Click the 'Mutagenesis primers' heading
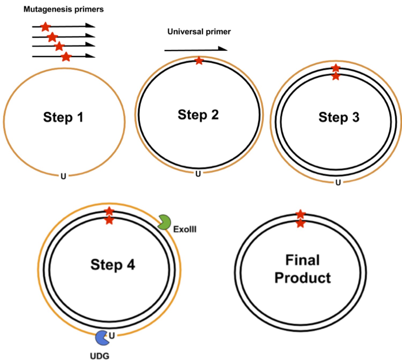[64, 9]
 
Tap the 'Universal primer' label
[199, 32]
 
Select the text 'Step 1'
[63, 117]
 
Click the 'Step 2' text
[198, 115]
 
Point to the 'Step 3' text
[339, 117]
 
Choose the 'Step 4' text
[113, 265]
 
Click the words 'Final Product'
[303, 269]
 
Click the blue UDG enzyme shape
[102, 338]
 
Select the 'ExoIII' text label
[185, 229]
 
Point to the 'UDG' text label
[99, 356]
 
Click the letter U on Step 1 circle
[63, 176]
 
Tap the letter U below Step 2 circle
[198, 174]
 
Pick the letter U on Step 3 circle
[338, 183]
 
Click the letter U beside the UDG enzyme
[112, 335]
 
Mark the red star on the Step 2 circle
[199, 61]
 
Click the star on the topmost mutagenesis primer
[45, 27]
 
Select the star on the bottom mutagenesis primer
[66, 57]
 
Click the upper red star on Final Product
[300, 214]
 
